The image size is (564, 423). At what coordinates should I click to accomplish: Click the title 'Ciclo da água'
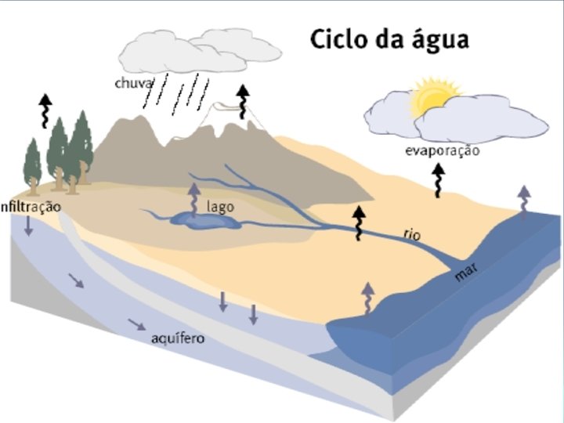tap(389, 39)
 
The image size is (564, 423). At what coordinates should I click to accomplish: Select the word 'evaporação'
tap(442, 150)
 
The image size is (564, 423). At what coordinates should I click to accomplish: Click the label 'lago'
tap(220, 207)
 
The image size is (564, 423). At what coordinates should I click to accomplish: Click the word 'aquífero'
tap(178, 338)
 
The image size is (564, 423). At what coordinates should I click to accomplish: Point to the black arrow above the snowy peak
tap(243, 99)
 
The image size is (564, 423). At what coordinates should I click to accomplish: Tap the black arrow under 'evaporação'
tap(439, 183)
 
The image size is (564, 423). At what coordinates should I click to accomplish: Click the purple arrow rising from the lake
tap(193, 198)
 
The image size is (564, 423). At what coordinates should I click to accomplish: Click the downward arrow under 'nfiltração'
tap(28, 226)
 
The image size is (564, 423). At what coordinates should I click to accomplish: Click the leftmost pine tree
tap(32, 164)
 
